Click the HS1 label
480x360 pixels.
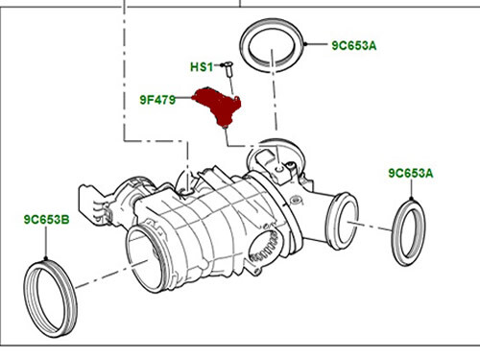tap(200, 67)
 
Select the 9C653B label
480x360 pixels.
tap(46, 220)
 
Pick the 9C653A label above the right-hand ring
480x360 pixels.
tap(411, 174)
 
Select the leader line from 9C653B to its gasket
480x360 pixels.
tap(47, 243)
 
